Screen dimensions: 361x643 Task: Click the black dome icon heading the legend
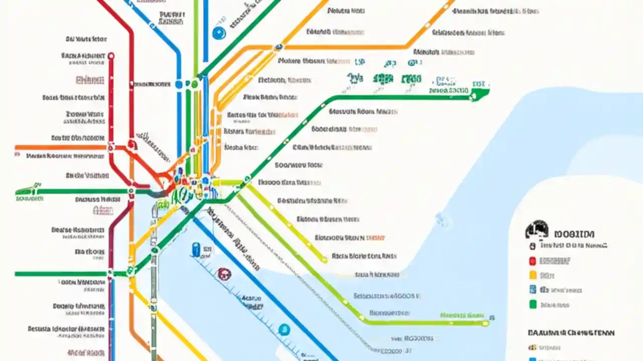click(536, 230)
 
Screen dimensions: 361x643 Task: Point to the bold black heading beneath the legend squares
click(571, 332)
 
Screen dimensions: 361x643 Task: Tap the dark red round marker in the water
click(223, 273)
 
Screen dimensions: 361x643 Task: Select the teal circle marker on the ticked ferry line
click(284, 329)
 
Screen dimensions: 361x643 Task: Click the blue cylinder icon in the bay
click(196, 249)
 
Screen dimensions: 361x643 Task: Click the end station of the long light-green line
click(485, 323)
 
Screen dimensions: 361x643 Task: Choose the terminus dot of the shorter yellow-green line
click(324, 259)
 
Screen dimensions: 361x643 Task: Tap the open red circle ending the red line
click(111, 56)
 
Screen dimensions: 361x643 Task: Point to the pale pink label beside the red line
click(90, 80)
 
